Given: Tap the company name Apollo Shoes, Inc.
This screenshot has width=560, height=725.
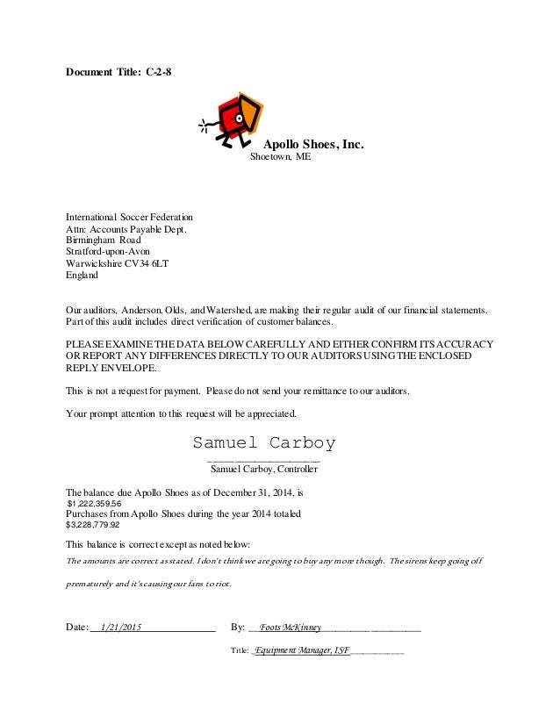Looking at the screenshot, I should [x=313, y=144].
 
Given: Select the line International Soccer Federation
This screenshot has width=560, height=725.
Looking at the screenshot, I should [x=130, y=217].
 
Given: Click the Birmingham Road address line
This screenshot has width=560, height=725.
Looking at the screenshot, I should [x=103, y=240].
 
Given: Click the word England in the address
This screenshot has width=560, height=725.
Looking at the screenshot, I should [x=83, y=275].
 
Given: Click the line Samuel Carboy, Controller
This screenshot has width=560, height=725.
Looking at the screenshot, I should [x=264, y=470].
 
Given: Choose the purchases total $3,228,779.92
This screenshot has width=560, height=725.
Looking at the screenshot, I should [x=93, y=526].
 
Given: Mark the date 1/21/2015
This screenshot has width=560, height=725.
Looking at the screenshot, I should [x=121, y=628].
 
